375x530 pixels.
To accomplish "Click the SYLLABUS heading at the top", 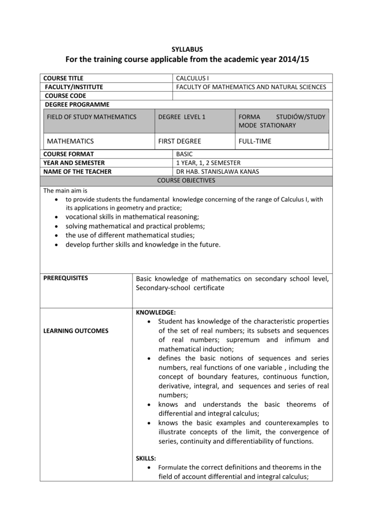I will click(187, 49).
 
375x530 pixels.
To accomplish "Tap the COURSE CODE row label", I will click(66, 96).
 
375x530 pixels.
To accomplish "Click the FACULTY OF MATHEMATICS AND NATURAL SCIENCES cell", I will click(251, 87).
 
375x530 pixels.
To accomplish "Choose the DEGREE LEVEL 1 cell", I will click(182, 117).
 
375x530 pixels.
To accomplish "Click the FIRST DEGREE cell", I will click(179, 141).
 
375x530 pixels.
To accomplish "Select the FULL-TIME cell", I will click(255, 141).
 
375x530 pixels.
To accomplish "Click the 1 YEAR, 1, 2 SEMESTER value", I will click(208, 163).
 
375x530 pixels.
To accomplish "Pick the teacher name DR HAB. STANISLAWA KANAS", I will click(218, 172).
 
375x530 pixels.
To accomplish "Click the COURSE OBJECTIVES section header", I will click(187, 181).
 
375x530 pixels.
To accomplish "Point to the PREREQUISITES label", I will click(66, 278).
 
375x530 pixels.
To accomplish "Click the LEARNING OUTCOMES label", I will click(76, 331).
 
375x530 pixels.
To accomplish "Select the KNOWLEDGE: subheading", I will click(156, 313).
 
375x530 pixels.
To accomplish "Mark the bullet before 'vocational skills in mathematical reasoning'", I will click(56, 217).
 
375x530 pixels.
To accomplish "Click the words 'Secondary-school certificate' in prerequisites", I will click(180, 288).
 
